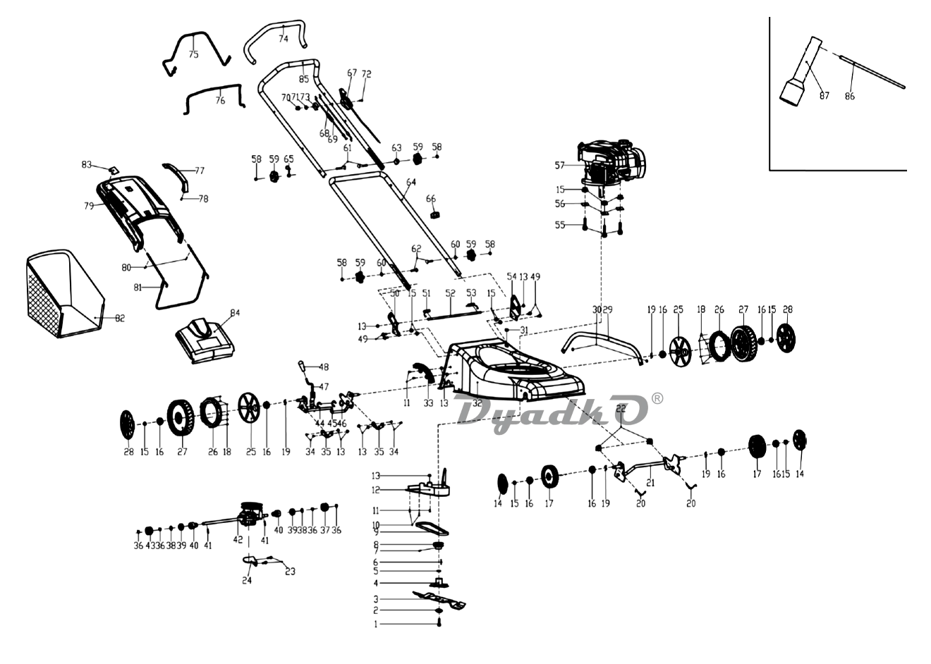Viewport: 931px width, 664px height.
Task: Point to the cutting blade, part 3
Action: [x=439, y=600]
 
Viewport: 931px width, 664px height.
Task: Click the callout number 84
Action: [x=235, y=313]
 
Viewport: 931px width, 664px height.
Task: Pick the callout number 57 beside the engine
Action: [x=560, y=166]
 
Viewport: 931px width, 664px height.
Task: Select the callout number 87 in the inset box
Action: [x=824, y=96]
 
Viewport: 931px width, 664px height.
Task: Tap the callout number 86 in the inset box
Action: [x=849, y=96]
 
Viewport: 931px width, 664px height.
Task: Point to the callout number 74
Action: [x=283, y=39]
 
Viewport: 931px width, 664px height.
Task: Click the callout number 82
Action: [x=120, y=319]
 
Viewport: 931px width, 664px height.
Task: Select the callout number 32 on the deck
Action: [x=477, y=403]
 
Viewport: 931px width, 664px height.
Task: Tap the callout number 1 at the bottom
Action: [x=376, y=625]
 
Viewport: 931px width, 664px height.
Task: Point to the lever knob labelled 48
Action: [x=301, y=367]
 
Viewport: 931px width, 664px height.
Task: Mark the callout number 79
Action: [x=89, y=206]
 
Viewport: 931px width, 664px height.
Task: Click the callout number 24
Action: [x=246, y=581]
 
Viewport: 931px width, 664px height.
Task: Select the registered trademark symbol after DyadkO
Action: [x=657, y=398]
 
